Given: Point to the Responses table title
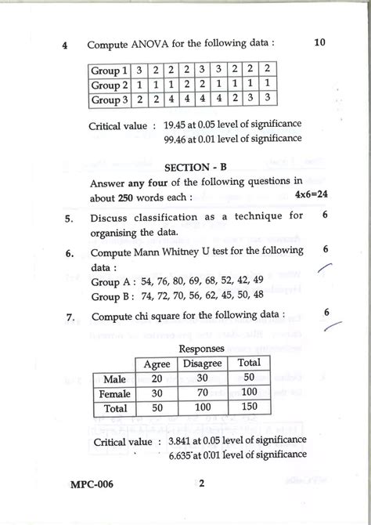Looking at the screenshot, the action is (201, 348).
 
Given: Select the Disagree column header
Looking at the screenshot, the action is (202, 364).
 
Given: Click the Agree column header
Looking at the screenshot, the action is (157, 364).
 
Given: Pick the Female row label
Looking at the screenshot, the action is (114, 393).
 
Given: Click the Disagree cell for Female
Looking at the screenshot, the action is (202, 393).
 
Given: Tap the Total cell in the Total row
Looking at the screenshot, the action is (250, 408).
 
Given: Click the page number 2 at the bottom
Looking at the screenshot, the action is (201, 483).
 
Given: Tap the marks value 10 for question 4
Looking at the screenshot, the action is (319, 42).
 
